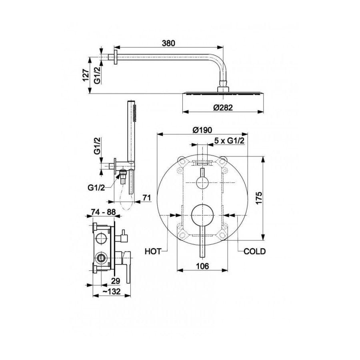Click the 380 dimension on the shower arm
tap(168, 43)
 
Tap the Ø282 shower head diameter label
tap(223, 107)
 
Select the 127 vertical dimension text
tap(86, 75)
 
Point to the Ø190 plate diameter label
tap(202, 130)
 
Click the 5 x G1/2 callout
tap(229, 141)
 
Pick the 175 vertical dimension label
tap(258, 198)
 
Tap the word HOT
tap(153, 252)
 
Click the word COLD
tap(255, 252)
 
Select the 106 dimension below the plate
tap(202, 266)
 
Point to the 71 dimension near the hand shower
tap(147, 198)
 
